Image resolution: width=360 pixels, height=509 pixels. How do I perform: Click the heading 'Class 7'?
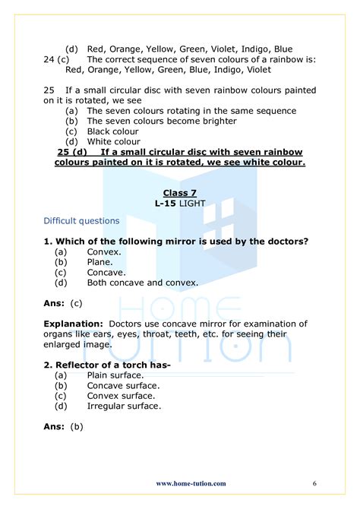[x=180, y=193]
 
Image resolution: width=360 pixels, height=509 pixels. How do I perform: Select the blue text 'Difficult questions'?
[x=81, y=221]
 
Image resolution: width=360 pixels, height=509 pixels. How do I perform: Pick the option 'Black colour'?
[x=112, y=131]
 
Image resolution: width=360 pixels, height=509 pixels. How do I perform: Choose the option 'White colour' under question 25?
[x=113, y=141]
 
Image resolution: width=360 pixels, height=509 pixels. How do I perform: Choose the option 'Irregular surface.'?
[x=124, y=406]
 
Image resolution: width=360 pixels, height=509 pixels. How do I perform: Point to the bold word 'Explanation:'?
[x=74, y=323]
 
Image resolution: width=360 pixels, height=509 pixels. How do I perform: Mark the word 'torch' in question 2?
[x=134, y=364]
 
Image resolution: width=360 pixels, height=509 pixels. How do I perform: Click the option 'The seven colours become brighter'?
[x=162, y=121]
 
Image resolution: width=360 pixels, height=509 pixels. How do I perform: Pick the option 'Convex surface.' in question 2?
[x=122, y=395]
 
